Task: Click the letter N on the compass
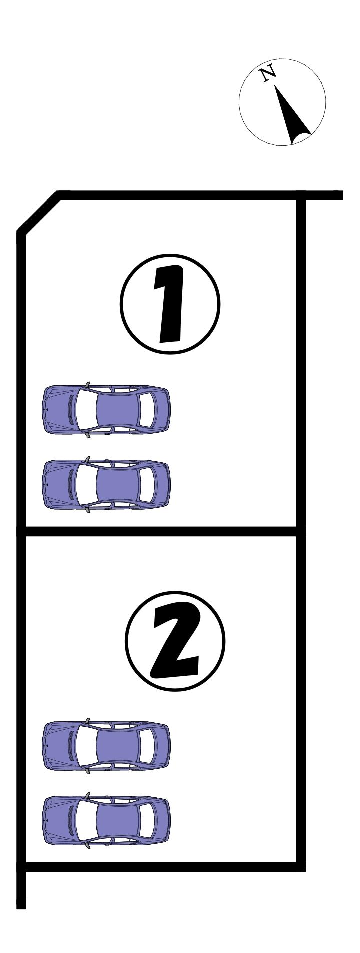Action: pos(268,73)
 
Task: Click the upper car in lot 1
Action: pos(105,409)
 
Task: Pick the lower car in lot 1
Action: pos(105,484)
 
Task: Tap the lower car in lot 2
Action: pos(105,822)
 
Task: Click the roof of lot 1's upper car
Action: pos(117,409)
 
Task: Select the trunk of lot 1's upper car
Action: pos(161,409)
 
